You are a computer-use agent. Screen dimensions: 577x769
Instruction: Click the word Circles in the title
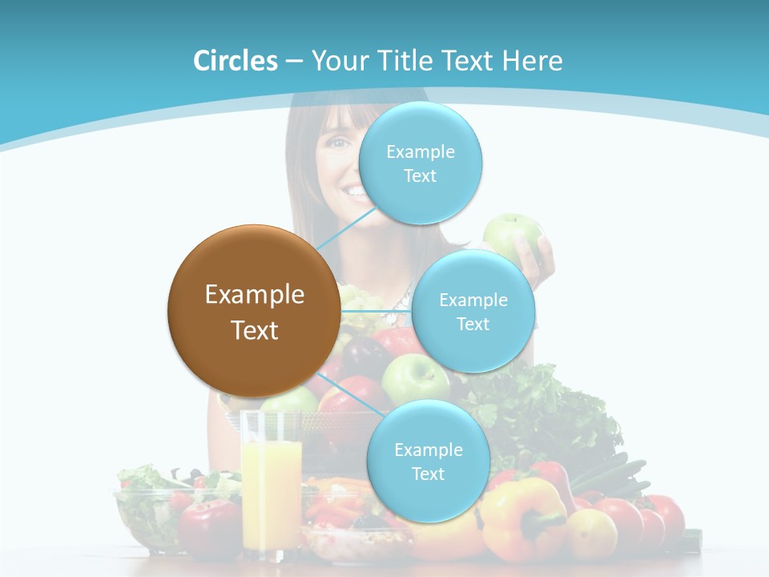coord(236,61)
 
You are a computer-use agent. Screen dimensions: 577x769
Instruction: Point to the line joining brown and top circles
coord(346,228)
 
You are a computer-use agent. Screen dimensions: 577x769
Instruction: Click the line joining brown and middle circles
coord(376,311)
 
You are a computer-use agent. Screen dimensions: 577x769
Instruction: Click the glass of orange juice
coord(271,481)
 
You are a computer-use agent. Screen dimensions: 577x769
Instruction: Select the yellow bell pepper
coord(521,517)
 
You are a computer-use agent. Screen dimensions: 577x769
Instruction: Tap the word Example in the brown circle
coord(255,295)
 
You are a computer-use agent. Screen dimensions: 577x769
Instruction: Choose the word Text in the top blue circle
coord(421,176)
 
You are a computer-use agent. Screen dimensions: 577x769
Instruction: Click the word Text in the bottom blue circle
coord(428,474)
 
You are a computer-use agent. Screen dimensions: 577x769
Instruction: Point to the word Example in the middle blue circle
coord(473,301)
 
